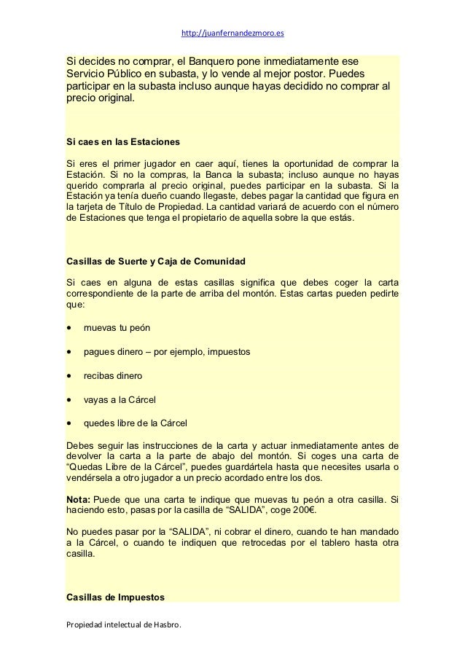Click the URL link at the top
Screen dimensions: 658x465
point(232,33)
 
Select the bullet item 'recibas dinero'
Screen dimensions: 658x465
point(113,376)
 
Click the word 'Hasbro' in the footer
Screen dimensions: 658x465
point(167,625)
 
